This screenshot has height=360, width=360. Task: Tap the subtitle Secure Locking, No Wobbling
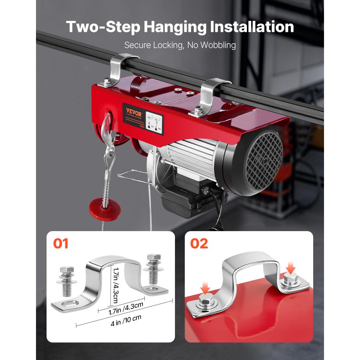tap(180, 45)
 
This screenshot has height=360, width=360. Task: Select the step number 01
tap(61, 244)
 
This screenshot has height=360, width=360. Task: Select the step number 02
tap(199, 244)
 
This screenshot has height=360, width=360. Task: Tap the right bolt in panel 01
tap(152, 270)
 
